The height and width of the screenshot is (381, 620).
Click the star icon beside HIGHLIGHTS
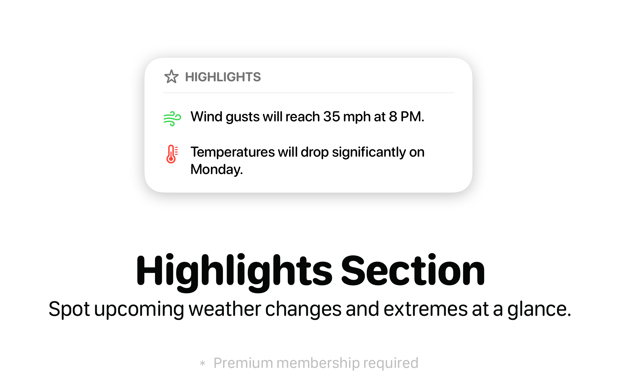click(x=171, y=77)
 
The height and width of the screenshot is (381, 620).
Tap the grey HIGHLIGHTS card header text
click(x=223, y=77)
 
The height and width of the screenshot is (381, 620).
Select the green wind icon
click(x=172, y=119)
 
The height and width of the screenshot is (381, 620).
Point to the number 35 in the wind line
click(x=331, y=117)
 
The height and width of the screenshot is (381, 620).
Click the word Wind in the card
click(x=206, y=117)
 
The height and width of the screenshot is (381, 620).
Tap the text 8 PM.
click(x=406, y=117)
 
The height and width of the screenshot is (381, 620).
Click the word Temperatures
click(x=232, y=152)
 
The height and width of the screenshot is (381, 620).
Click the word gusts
click(x=242, y=118)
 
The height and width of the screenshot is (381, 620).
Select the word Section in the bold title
click(x=413, y=270)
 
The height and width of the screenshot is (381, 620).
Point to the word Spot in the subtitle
click(x=69, y=309)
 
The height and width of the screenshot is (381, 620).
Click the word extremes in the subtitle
click(x=425, y=310)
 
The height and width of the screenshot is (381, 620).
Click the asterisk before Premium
click(x=202, y=363)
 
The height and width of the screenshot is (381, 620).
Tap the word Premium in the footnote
click(x=243, y=363)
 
